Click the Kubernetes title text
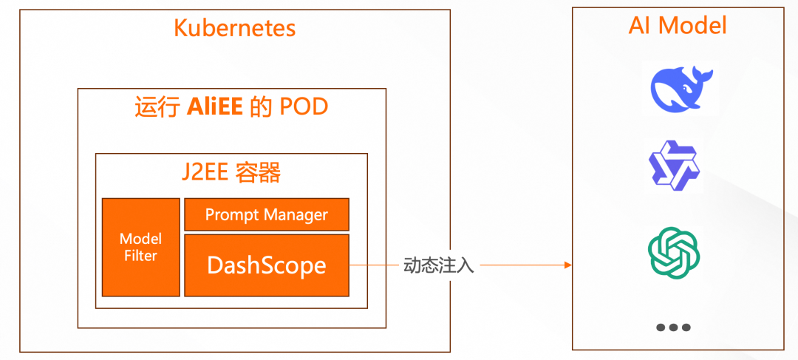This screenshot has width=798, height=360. tap(234, 28)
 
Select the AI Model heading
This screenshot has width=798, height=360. tap(678, 26)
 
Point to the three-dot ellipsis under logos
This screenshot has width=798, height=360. tap(673, 327)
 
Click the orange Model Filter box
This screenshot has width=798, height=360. tap(140, 247)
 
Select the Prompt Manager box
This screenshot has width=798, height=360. tap(266, 215)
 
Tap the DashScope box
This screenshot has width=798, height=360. tap(266, 265)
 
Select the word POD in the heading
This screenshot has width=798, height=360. tap(304, 108)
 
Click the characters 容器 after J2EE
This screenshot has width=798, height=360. tap(258, 173)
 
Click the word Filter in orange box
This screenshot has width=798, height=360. tap(140, 256)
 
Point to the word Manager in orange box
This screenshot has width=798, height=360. tap(296, 215)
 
